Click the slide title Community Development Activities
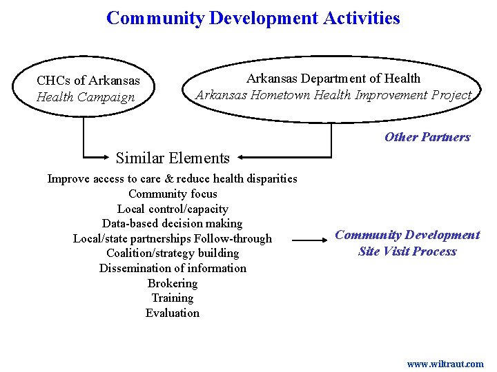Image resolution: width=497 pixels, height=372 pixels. (x=253, y=18)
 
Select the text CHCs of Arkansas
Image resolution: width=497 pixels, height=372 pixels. (x=88, y=81)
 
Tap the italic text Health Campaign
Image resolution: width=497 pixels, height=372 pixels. (x=86, y=97)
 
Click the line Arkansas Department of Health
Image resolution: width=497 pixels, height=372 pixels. (x=333, y=79)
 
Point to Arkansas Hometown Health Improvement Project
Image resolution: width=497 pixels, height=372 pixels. (x=333, y=95)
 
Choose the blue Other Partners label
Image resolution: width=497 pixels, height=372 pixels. (x=427, y=136)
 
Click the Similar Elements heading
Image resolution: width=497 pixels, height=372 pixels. (x=173, y=158)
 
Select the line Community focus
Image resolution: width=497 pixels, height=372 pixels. (x=173, y=194)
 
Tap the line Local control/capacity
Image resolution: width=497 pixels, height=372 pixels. (x=173, y=209)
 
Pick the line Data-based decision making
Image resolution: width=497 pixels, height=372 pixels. (x=173, y=223)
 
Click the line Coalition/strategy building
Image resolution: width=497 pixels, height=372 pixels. (x=173, y=253)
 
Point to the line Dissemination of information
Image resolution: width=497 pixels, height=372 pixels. (x=173, y=268)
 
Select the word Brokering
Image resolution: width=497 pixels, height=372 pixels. (x=173, y=283)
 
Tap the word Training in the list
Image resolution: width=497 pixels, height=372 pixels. (x=173, y=298)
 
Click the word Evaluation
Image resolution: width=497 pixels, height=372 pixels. (x=173, y=313)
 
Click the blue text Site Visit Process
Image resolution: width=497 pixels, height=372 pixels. (x=407, y=251)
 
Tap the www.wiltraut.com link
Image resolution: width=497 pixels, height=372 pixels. (x=445, y=364)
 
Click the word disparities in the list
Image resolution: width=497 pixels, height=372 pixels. (x=269, y=178)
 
